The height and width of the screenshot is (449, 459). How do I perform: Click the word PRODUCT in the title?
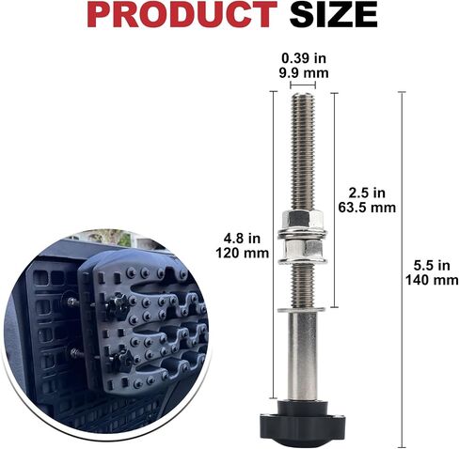tap(182, 14)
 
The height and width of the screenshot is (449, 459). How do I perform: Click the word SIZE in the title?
tap(333, 14)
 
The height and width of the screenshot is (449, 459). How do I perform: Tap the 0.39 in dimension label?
tap(304, 58)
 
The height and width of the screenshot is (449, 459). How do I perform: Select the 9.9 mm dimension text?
tap(304, 73)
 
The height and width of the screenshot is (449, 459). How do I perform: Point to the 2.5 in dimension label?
tap(367, 193)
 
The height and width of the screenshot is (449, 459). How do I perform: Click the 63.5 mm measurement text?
tap(367, 208)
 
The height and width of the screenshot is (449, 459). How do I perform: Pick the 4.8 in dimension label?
tap(242, 239)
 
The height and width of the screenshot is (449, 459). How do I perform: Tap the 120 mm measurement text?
tap(242, 253)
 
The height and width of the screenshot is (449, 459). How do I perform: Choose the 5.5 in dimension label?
tap(432, 266)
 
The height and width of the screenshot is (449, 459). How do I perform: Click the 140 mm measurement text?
tap(432, 280)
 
